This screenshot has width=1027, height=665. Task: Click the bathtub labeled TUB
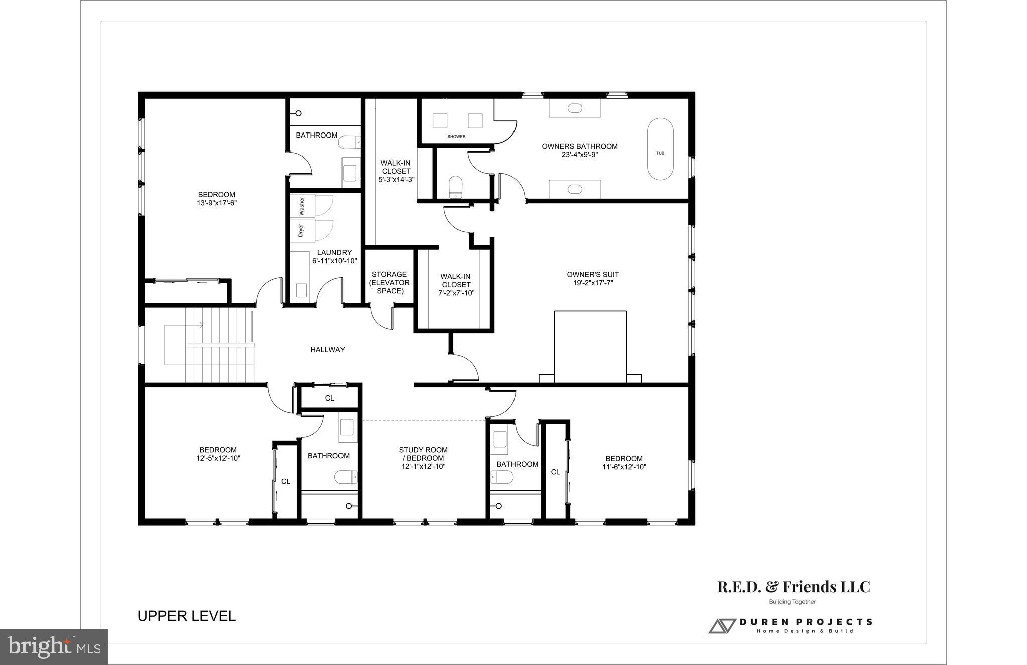click(660, 150)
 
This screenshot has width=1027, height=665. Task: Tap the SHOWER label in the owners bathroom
click(456, 137)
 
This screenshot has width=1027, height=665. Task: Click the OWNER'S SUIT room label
click(593, 275)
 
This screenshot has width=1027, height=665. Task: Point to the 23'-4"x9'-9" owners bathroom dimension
click(579, 155)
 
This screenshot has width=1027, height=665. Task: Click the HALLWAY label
click(327, 350)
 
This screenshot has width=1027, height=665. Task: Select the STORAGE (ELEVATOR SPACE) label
click(389, 282)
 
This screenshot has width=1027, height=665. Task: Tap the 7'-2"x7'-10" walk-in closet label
click(456, 293)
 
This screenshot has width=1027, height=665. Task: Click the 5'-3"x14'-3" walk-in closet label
click(396, 179)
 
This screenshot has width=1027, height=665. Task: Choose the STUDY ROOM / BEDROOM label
click(423, 454)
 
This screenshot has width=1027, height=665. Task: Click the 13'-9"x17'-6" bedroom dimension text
click(216, 203)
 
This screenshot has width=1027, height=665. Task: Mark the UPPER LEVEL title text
click(187, 616)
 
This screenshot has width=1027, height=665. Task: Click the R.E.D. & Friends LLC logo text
click(793, 587)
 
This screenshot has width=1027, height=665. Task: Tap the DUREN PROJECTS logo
click(790, 625)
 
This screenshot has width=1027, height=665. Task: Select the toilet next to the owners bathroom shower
click(455, 186)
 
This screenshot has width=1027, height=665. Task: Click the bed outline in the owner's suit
click(590, 346)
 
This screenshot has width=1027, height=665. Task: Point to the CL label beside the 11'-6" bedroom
click(555, 472)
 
